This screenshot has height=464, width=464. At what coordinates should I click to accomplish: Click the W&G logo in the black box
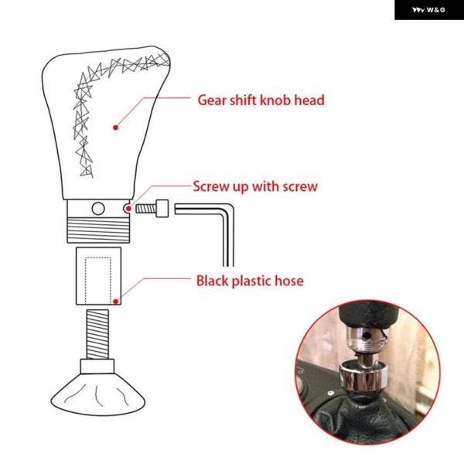(x=428, y=10)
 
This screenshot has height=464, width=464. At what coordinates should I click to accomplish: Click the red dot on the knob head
(x=116, y=128)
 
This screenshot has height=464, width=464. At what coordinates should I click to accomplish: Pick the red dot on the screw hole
(x=128, y=209)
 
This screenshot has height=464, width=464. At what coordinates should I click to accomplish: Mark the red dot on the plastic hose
(x=116, y=302)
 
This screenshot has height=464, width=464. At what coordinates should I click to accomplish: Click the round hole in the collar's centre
(x=98, y=209)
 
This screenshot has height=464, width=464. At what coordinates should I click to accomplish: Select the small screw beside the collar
(x=152, y=209)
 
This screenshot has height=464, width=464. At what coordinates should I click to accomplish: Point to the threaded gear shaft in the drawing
(x=97, y=334)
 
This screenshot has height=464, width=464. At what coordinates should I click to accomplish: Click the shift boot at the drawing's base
(x=98, y=394)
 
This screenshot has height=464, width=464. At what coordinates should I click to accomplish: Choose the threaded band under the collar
(x=98, y=230)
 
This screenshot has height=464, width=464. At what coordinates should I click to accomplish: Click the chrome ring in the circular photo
(x=363, y=376)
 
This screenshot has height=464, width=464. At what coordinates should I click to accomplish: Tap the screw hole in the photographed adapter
(x=367, y=336)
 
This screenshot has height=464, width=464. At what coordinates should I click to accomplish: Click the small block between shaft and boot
(x=97, y=367)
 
